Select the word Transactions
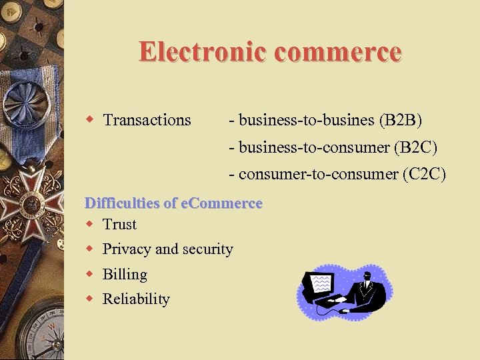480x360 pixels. [147, 120]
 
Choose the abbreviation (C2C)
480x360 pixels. [424, 174]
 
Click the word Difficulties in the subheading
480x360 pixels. [123, 203]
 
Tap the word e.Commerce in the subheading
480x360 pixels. [221, 203]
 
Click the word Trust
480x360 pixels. [119, 225]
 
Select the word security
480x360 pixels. [210, 249]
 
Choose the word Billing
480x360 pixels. [125, 274]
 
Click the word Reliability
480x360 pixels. [136, 299]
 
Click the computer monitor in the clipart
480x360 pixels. [319, 285]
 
